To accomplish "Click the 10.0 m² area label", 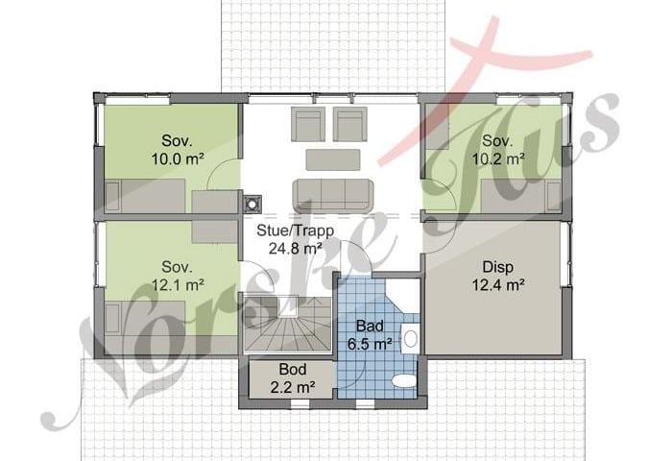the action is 178,158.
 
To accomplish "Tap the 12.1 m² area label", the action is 178,285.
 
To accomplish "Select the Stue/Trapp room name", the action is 295,230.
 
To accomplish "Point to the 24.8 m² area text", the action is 295,249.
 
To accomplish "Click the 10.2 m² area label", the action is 498,158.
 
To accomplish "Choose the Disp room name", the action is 498,267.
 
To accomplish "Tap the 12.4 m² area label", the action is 498,285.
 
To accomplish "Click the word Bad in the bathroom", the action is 370,326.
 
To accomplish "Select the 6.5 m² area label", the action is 370,344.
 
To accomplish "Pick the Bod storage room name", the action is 293,369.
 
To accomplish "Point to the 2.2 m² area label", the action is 293,387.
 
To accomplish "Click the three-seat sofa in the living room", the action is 333,196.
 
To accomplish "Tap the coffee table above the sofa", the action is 333,159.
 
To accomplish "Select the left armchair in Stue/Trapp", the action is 308,124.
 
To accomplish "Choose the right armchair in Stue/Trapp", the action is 349,124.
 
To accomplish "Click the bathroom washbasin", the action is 410,339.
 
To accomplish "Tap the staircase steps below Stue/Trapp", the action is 288,324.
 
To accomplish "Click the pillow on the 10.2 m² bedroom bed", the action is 553,196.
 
